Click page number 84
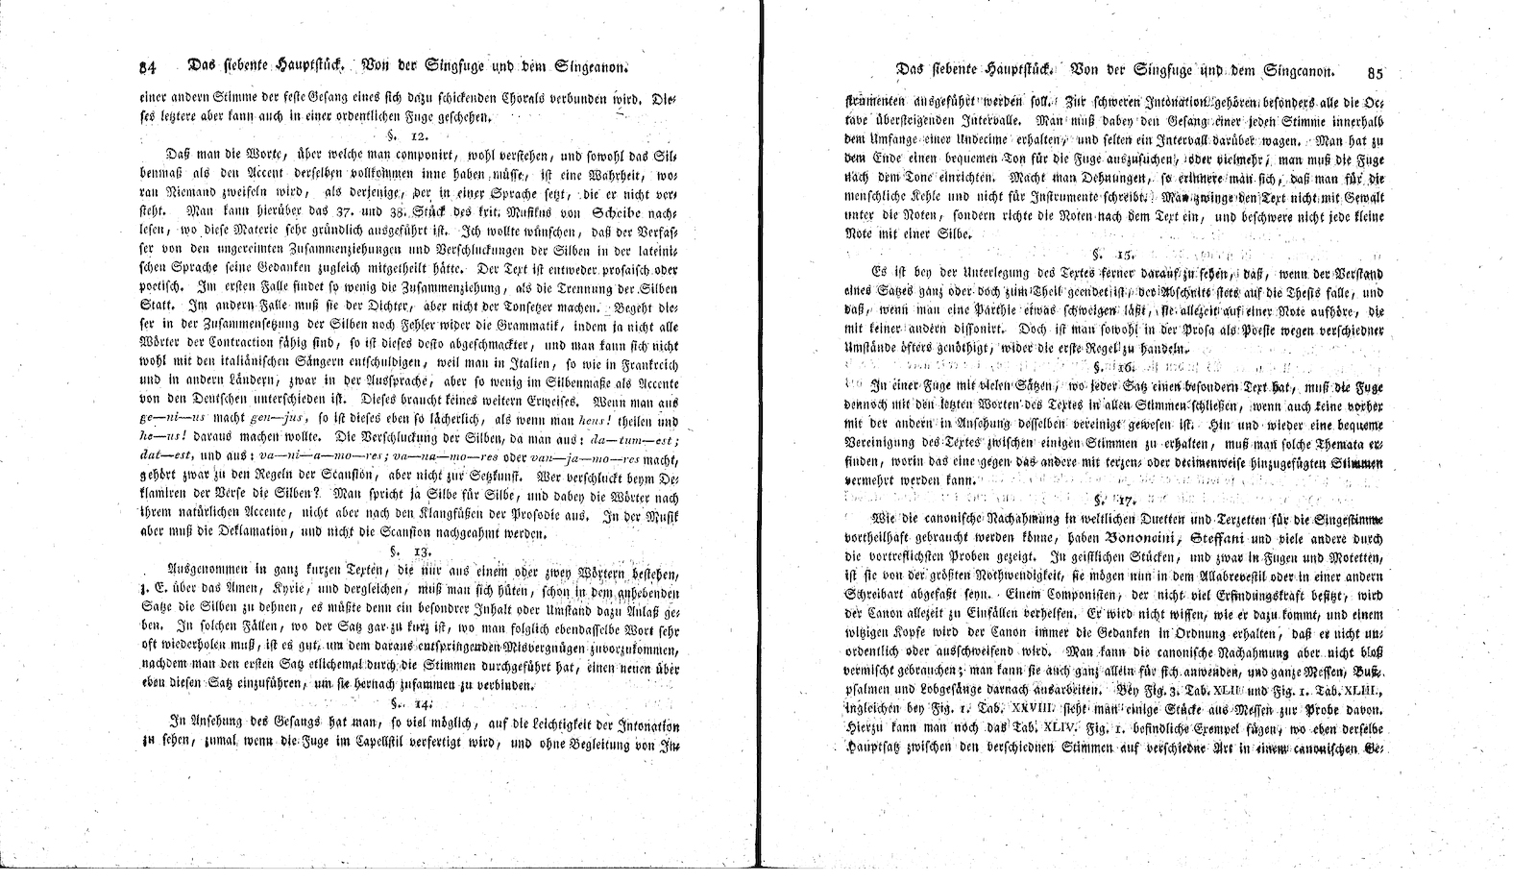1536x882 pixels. tap(148, 67)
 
